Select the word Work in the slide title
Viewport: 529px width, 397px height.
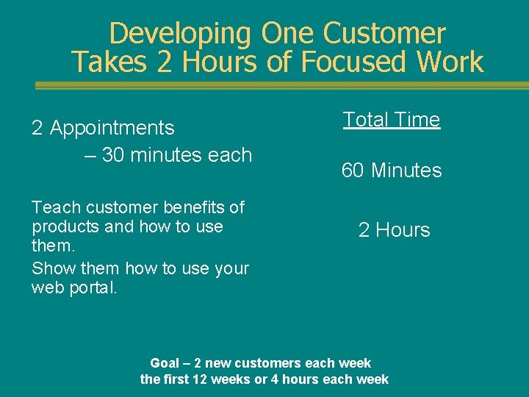(x=447, y=62)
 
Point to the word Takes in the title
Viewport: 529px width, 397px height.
(x=110, y=62)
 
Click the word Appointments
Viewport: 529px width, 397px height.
(x=112, y=128)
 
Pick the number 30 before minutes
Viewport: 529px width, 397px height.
(x=113, y=155)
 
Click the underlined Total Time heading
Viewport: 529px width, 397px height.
(x=392, y=120)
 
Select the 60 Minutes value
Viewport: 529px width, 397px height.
(x=392, y=171)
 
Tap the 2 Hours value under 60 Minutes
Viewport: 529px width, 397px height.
(x=394, y=230)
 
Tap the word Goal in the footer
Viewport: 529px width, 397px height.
(x=165, y=363)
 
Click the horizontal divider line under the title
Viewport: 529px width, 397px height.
(x=282, y=86)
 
